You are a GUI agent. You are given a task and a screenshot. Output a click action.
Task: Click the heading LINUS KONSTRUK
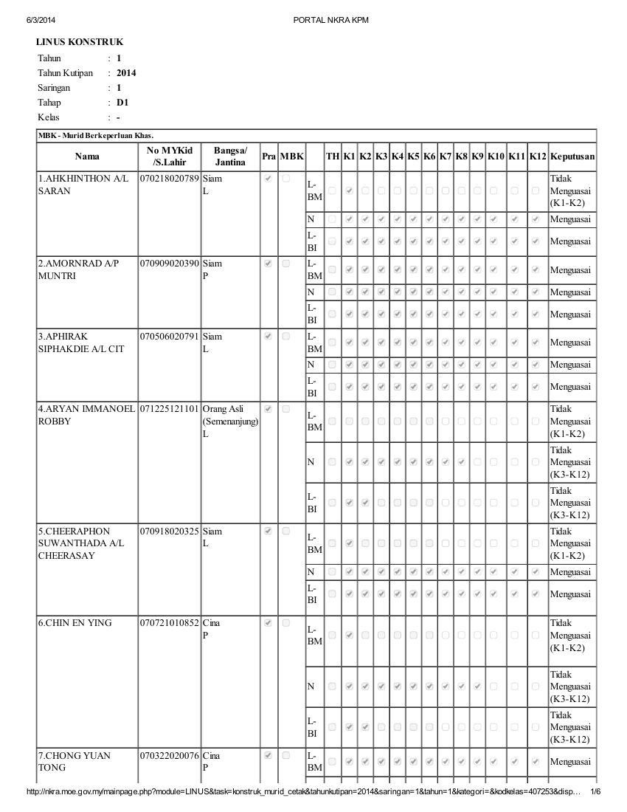(80, 43)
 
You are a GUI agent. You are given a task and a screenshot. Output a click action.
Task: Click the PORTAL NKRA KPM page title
(330, 20)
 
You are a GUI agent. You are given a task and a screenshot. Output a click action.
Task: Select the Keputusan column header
(572, 156)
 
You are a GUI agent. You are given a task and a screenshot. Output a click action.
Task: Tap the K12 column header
(538, 156)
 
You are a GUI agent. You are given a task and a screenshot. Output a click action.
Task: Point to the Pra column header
(269, 156)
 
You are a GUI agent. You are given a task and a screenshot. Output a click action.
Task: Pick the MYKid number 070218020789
(170, 179)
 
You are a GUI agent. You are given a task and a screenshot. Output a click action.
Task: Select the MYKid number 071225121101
(170, 409)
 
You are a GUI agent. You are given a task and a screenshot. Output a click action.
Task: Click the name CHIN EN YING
(75, 623)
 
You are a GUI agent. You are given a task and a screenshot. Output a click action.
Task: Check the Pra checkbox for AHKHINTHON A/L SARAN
(268, 179)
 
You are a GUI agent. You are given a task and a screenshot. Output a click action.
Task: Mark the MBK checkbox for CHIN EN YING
(286, 623)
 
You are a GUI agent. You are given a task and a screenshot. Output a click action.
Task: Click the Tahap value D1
(122, 103)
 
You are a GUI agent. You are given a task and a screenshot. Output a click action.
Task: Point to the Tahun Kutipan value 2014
(126, 73)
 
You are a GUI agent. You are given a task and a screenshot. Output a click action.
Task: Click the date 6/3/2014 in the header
(41, 20)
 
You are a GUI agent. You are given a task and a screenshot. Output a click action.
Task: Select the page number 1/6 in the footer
(595, 792)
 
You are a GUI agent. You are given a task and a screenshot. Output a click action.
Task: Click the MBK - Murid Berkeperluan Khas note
(96, 136)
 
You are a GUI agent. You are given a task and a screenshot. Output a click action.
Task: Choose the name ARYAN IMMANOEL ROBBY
(86, 415)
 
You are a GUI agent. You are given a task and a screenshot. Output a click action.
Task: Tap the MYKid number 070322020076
(170, 756)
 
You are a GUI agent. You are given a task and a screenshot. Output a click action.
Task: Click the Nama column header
(87, 156)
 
